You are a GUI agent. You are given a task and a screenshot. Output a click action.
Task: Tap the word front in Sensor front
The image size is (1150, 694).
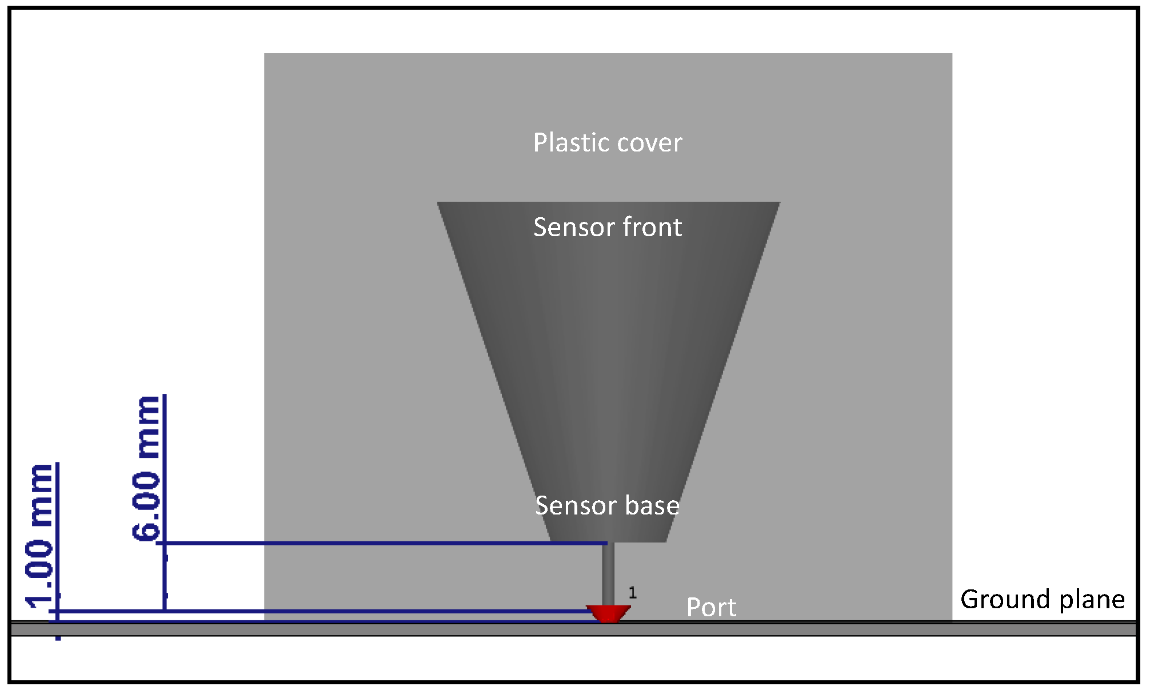[652, 227]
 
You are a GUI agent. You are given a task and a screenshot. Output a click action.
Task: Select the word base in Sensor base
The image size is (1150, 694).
[652, 505]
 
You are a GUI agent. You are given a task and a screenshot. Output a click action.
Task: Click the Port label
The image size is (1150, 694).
[711, 607]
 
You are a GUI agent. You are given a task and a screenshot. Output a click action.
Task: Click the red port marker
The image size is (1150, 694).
[608, 613]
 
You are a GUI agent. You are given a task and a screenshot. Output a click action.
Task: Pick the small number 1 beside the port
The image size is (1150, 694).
[632, 593]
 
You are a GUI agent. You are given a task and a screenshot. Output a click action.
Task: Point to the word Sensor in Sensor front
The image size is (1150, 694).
[574, 227]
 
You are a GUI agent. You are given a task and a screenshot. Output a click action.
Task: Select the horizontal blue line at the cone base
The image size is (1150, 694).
[383, 543]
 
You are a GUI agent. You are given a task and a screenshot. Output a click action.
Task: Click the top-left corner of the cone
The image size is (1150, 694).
[438, 203]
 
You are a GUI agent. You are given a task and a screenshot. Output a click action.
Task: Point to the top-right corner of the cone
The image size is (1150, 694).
[778, 203]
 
